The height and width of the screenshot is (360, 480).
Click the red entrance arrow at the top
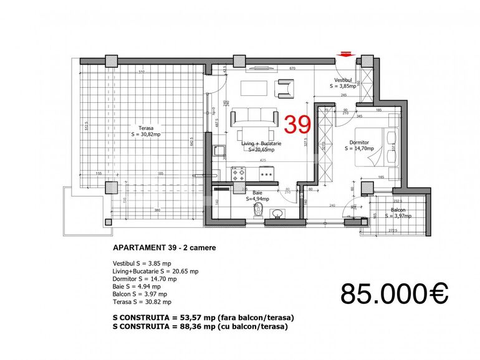tap(345, 54)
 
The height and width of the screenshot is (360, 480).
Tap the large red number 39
tap(297, 125)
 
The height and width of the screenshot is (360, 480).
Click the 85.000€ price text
tap(395, 293)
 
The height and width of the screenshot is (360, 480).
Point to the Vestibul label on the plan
tap(343, 81)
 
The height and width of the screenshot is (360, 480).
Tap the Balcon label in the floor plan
tap(398, 210)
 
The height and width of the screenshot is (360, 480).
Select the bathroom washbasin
tap(276, 215)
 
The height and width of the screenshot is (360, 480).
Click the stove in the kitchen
tap(238, 174)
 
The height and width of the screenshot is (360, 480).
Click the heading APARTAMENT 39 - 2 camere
tap(165, 247)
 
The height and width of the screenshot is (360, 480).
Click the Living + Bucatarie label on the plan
tap(261, 143)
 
